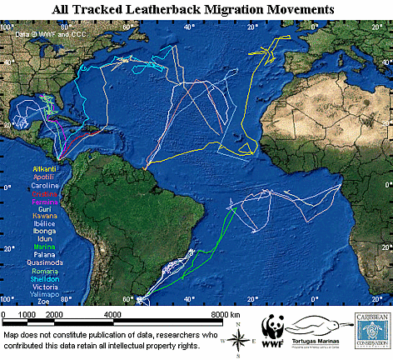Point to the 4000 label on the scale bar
coord(113,312)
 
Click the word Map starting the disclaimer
coord(12,332)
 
